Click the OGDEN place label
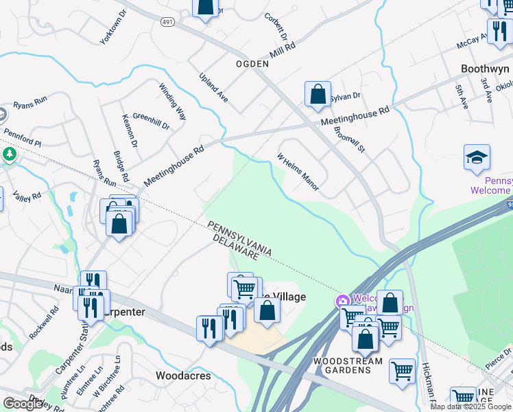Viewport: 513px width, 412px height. click(x=252, y=63)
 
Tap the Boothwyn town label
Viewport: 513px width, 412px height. click(x=486, y=69)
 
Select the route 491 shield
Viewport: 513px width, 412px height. click(x=167, y=22)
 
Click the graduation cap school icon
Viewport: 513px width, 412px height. click(x=477, y=158)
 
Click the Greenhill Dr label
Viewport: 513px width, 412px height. click(x=151, y=122)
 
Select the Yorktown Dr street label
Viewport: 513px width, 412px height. click(x=114, y=27)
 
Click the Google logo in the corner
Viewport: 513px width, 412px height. click(x=23, y=403)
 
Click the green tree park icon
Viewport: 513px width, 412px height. click(x=8, y=153)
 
